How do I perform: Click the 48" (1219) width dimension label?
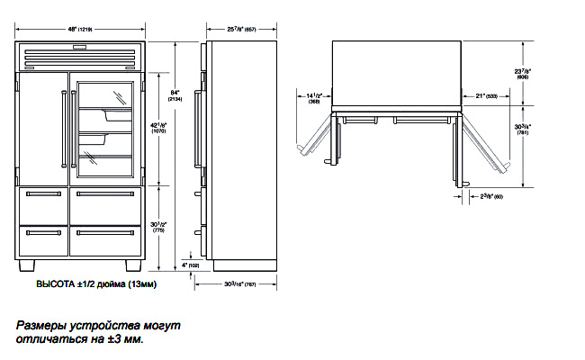point(79,30)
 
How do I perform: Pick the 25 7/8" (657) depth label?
point(238,30)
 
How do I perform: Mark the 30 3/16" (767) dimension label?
point(238,283)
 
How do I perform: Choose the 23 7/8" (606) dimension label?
point(521,74)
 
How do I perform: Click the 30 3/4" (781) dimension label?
point(522,130)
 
